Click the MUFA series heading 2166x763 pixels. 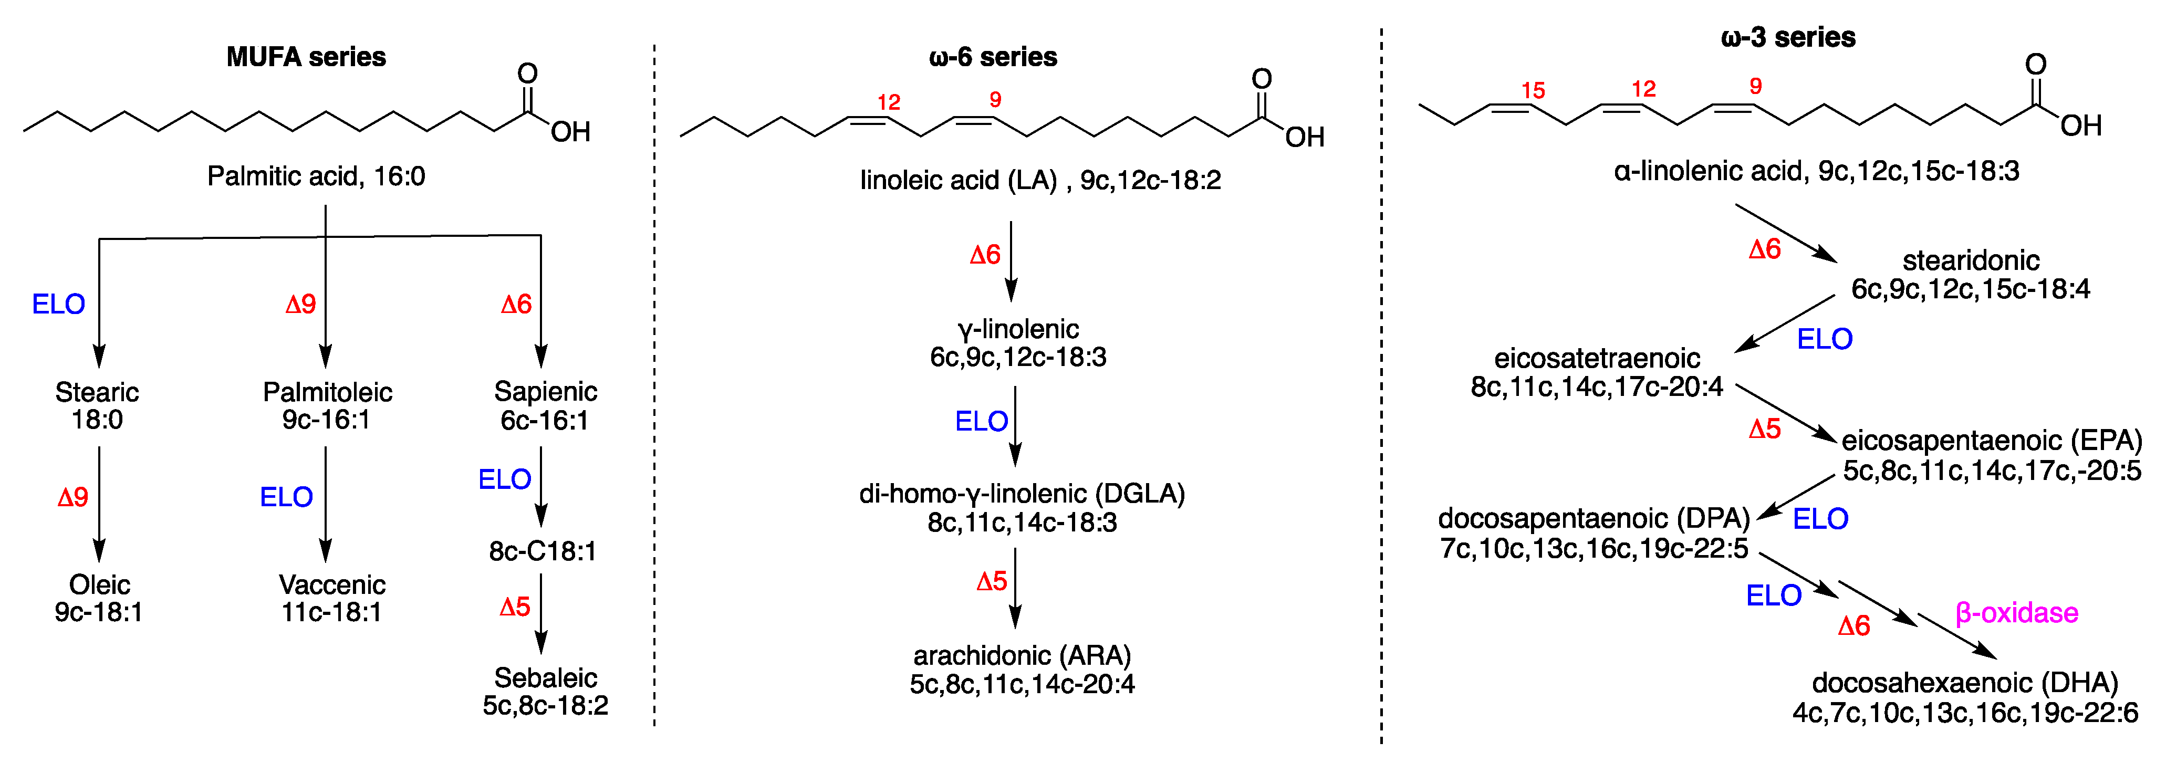(306, 57)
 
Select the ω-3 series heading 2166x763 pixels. (1788, 38)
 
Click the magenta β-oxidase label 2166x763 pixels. (2016, 613)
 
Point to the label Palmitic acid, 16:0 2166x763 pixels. (316, 176)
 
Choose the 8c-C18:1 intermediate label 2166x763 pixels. (543, 551)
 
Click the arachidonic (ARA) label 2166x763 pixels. (1022, 655)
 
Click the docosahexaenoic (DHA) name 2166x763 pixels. (1965, 682)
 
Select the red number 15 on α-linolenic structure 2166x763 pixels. (1533, 90)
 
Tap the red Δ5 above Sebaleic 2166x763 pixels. (515, 607)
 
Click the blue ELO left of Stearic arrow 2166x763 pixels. (58, 304)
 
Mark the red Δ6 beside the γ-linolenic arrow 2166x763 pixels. (985, 255)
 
